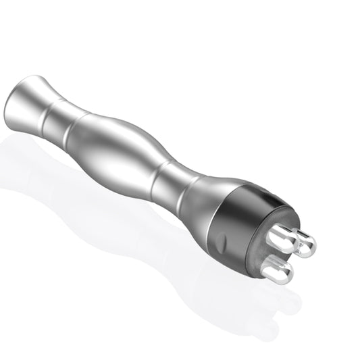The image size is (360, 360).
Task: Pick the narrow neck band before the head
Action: coord(170,188)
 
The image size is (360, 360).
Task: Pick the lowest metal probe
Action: coord(277,268)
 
